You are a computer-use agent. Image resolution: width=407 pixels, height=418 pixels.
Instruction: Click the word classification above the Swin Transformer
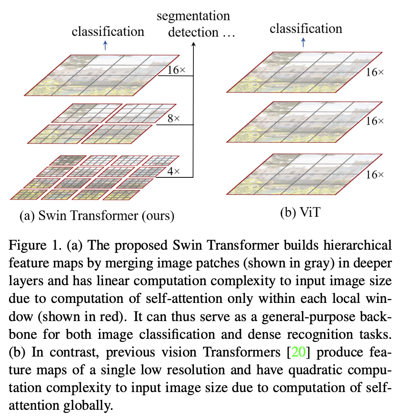tap(108, 32)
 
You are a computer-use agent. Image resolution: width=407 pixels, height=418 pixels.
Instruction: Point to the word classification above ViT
tap(306, 29)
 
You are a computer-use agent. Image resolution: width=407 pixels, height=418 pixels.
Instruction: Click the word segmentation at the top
tap(193, 16)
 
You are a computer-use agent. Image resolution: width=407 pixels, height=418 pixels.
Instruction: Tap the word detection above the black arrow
tap(193, 32)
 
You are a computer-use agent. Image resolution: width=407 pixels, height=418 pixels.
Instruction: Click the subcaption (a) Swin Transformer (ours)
tap(96, 215)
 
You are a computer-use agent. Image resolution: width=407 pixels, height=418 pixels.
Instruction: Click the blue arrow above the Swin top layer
tap(105, 46)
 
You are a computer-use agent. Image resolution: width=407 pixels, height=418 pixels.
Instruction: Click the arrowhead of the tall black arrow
tap(193, 44)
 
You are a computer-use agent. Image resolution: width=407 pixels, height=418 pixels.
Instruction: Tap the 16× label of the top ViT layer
tap(375, 73)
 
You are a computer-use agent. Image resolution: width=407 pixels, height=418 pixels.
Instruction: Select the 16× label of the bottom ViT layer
tap(375, 175)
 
